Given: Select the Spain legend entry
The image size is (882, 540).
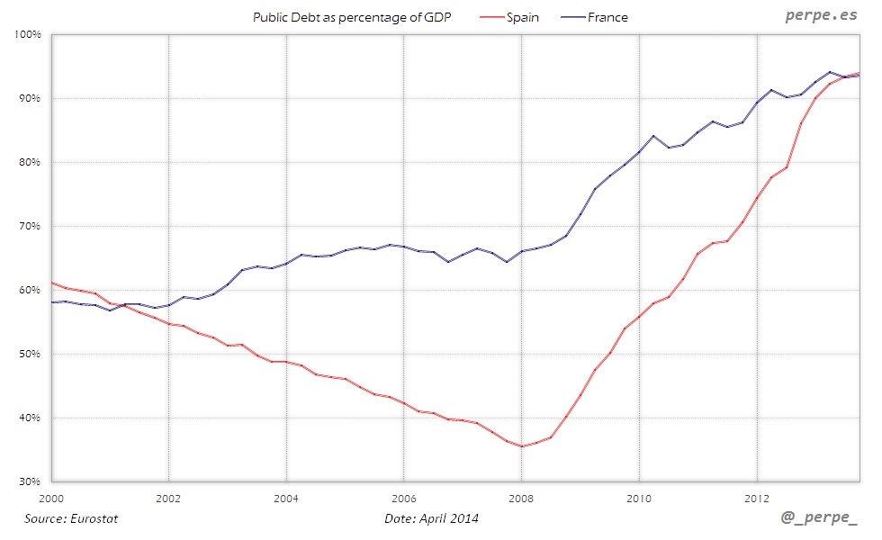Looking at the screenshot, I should (523, 17).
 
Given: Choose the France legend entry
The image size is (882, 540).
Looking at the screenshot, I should (607, 17).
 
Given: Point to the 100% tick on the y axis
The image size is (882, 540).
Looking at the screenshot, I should (29, 34).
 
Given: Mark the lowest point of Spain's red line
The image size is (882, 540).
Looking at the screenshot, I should (522, 446).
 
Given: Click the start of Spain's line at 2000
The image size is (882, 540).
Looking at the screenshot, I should (52, 283).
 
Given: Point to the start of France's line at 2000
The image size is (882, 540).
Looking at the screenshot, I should (52, 302).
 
